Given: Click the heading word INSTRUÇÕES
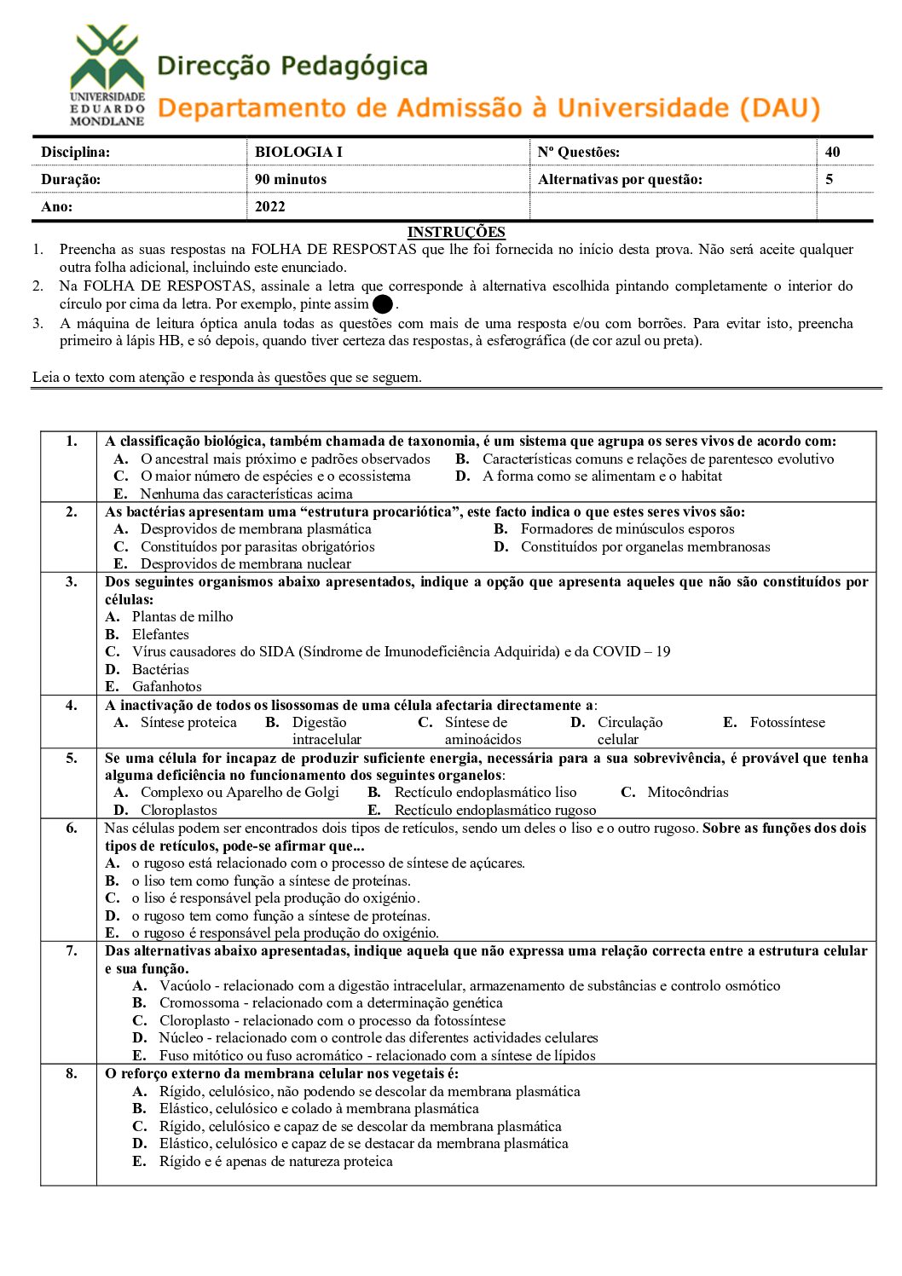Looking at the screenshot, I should tap(456, 232).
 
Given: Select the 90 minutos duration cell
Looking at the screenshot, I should tap(291, 179).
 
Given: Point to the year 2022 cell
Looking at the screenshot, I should tap(270, 206).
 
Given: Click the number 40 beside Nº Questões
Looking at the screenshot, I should tap(832, 152).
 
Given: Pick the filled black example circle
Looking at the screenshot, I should tap(383, 304).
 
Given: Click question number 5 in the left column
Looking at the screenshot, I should tap(72, 758).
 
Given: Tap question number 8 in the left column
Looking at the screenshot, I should tap(72, 1073).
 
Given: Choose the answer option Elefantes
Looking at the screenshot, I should tap(160, 634).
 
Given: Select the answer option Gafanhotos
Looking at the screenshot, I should tap(167, 686).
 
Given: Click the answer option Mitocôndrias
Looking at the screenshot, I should tap(688, 792).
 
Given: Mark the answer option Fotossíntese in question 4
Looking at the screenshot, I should tap(787, 722).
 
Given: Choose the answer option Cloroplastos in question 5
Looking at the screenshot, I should tap(179, 810).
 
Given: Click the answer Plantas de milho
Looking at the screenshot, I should tap(182, 616).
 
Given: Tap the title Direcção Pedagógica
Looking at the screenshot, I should tap(292, 66).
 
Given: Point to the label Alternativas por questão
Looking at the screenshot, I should tap(620, 179).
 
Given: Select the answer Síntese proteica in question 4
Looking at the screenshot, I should tap(188, 722).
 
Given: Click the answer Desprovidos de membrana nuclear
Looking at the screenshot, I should tap(246, 563).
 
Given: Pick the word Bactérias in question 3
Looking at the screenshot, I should tap(160, 669).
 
